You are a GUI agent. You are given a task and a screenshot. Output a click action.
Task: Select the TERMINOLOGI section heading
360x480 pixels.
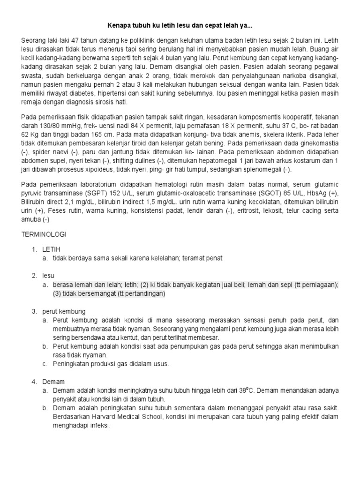click(x=44, y=233)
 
